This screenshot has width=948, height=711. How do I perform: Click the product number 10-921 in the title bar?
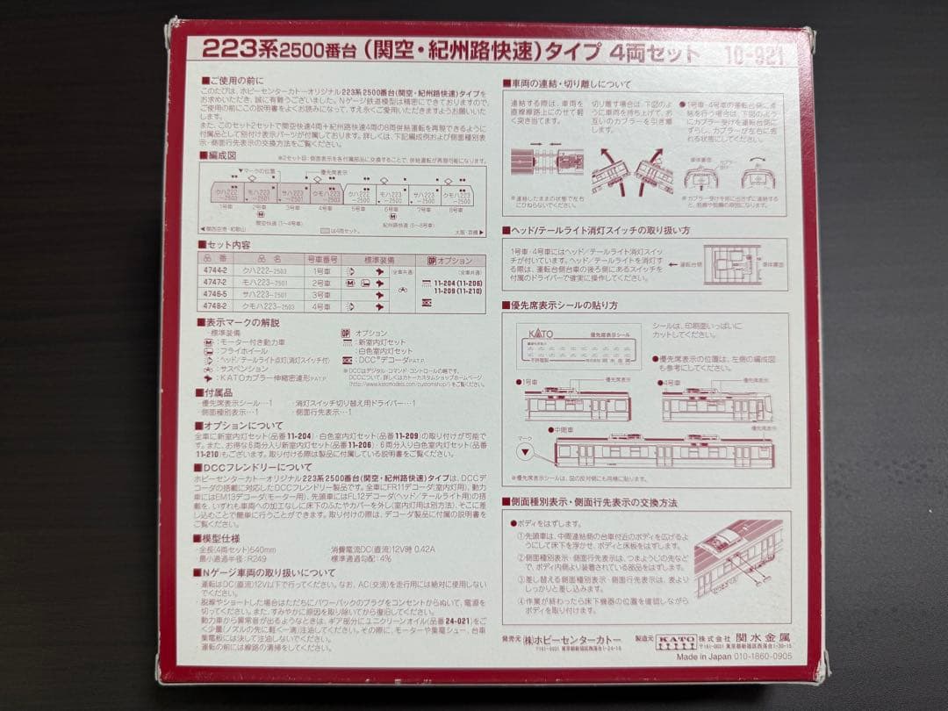tap(753, 55)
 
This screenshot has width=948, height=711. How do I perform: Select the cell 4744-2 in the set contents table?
tap(216, 272)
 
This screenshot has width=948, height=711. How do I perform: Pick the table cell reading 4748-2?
tap(216, 306)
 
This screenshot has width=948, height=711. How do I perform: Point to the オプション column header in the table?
tap(456, 261)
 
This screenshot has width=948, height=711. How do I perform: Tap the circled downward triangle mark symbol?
tap(525, 453)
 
